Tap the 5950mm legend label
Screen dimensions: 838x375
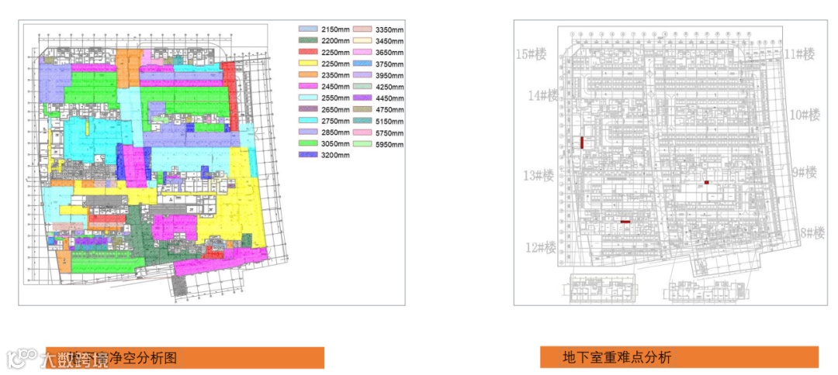click(x=390, y=145)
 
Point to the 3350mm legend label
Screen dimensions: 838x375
click(x=390, y=29)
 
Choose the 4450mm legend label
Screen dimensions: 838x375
click(x=390, y=98)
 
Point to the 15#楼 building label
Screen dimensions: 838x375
click(x=534, y=54)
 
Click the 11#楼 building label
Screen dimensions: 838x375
click(x=799, y=54)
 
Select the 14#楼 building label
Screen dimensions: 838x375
click(x=544, y=96)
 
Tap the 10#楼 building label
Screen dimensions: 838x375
click(x=805, y=115)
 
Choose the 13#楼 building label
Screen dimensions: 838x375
click(x=538, y=176)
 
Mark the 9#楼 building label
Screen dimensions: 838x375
click(x=800, y=172)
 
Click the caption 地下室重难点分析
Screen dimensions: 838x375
click(x=617, y=357)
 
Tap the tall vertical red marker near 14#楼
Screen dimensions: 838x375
click(x=581, y=143)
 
